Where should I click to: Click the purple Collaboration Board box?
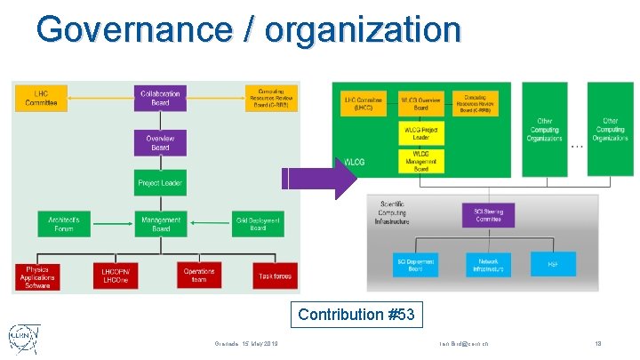point(160,98)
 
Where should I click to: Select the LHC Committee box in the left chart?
point(41,98)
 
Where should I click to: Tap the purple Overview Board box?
point(160,142)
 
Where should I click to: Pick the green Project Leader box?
point(160,183)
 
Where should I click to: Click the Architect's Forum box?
point(64,224)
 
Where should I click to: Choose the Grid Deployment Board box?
point(258,224)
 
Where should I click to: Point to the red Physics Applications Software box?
point(37,276)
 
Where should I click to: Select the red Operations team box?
point(199,276)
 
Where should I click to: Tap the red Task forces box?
point(275,276)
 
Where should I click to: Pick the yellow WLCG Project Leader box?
point(420,133)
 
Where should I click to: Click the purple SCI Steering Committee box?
point(488,214)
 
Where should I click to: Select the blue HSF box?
point(554,263)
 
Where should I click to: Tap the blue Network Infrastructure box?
point(488,263)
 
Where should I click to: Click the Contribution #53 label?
point(356,315)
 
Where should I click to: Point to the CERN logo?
point(24,340)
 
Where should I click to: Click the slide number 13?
point(597,343)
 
